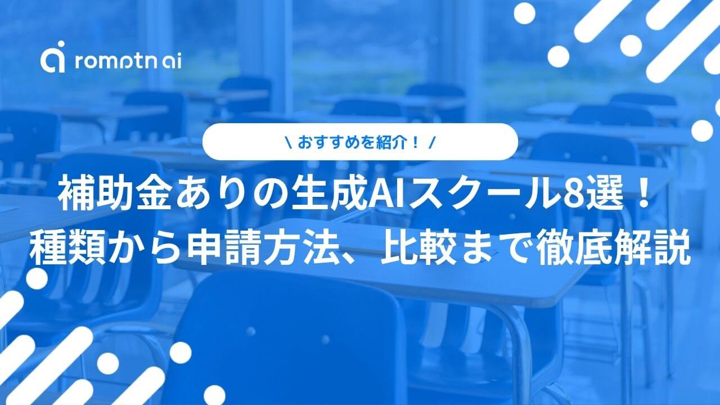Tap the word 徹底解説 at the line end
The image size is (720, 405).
point(613,250)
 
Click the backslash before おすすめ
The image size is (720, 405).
point(289,142)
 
